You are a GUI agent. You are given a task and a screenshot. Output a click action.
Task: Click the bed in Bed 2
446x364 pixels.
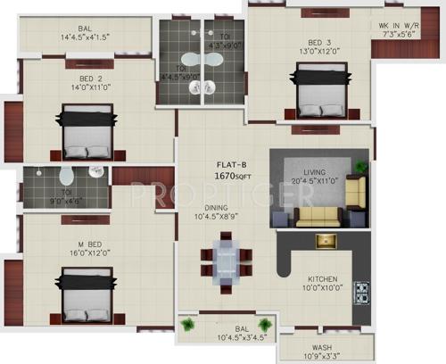(87, 132)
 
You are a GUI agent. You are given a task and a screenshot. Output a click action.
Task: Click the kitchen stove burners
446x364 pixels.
(362, 292)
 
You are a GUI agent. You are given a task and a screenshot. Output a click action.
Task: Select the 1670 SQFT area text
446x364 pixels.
(234, 177)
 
